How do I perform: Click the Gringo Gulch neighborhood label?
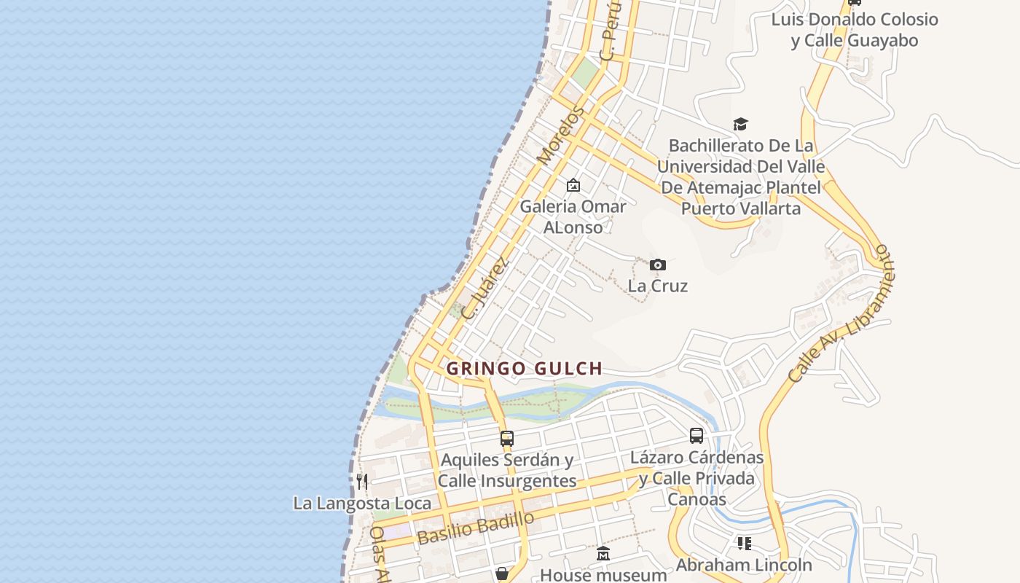(524, 369)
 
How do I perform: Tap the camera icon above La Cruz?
(657, 265)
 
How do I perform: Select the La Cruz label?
(657, 286)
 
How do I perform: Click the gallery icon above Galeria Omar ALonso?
(573, 185)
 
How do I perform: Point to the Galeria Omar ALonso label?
(573, 216)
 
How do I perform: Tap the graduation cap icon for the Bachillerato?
(740, 125)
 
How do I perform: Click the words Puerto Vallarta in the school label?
(740, 208)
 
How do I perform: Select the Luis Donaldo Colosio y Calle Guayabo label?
(855, 30)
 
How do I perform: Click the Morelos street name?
(560, 136)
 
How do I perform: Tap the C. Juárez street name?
(484, 288)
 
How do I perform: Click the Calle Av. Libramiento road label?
(841, 313)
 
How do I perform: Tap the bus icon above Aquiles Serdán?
(507, 439)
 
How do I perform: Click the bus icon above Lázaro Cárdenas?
(697, 436)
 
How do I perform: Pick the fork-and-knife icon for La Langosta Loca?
(362, 481)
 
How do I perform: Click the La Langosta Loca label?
(362, 503)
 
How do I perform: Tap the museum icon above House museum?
(603, 554)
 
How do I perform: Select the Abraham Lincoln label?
(743, 565)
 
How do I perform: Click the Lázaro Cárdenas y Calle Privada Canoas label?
(697, 478)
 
